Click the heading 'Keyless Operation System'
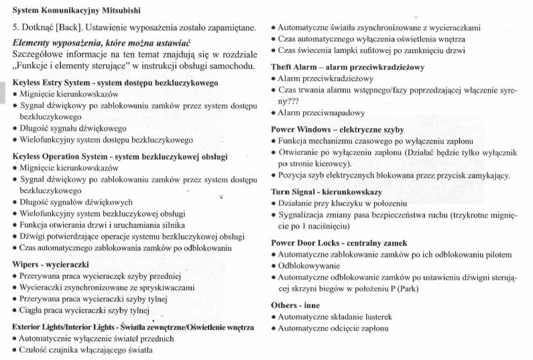pyautogui.click(x=120, y=156)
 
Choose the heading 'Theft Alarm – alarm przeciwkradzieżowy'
pyautogui.click(x=347, y=67)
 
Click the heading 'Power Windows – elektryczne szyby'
pyautogui.click(x=338, y=129)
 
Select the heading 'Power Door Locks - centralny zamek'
pyautogui.click(x=339, y=243)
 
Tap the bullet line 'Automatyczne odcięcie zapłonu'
pyautogui.click(x=333, y=328)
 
